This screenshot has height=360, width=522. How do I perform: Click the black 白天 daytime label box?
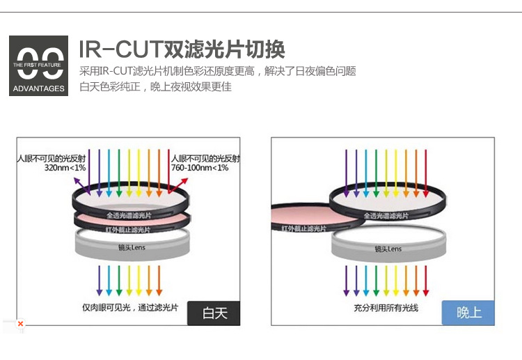[x=214, y=313]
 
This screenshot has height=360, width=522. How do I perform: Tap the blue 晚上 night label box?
[x=468, y=313]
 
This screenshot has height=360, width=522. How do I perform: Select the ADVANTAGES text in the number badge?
[x=39, y=88]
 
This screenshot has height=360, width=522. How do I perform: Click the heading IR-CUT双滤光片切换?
[x=182, y=49]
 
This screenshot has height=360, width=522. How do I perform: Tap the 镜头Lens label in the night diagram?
[x=388, y=249]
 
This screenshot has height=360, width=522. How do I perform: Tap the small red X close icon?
[x=20, y=324]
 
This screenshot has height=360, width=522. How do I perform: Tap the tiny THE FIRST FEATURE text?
[x=39, y=64]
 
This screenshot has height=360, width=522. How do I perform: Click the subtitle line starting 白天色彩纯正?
[x=155, y=87]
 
